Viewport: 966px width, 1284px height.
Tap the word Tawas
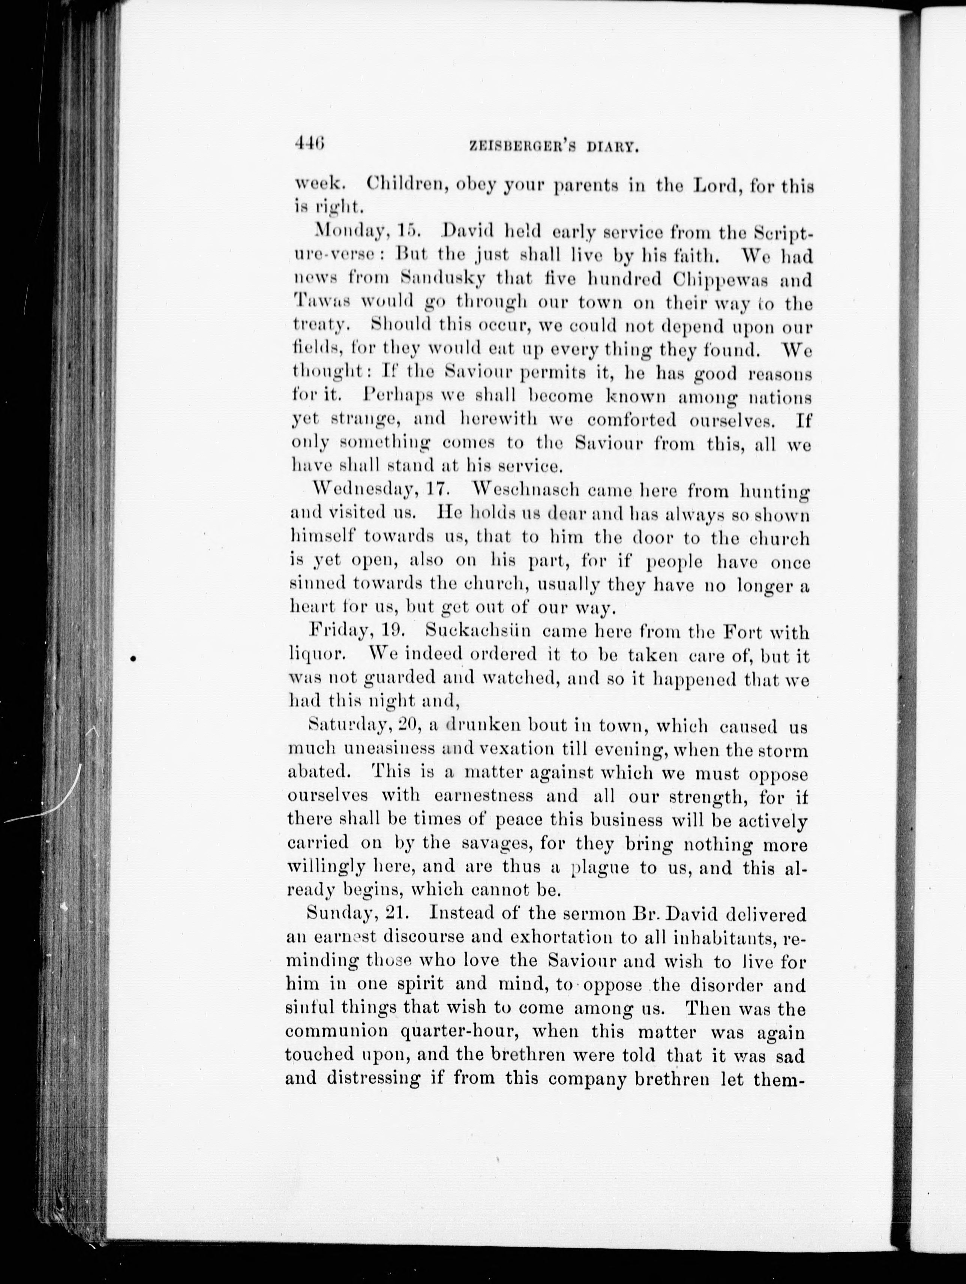point(321,302)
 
